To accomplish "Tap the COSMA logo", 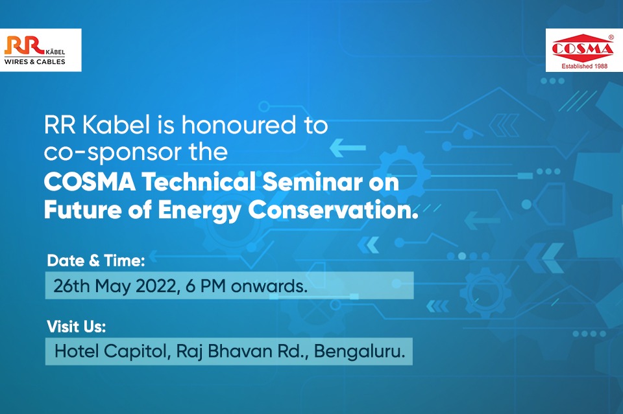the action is pos(583,51).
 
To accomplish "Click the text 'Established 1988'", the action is pos(584,66).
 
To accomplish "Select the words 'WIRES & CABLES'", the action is pos(34,62).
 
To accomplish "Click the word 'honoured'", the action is pos(239,125).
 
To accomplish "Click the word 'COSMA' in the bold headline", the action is pos(90,183).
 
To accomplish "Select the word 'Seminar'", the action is pos(312,183).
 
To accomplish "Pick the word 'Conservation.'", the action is pos(333,210).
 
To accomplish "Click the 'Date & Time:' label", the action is pos(96,260).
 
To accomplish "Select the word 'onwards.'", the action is pos(269,286).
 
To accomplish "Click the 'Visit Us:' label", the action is pos(77,327).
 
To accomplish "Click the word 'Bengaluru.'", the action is pos(360,352).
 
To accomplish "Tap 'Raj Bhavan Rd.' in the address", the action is pos(241,352).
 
